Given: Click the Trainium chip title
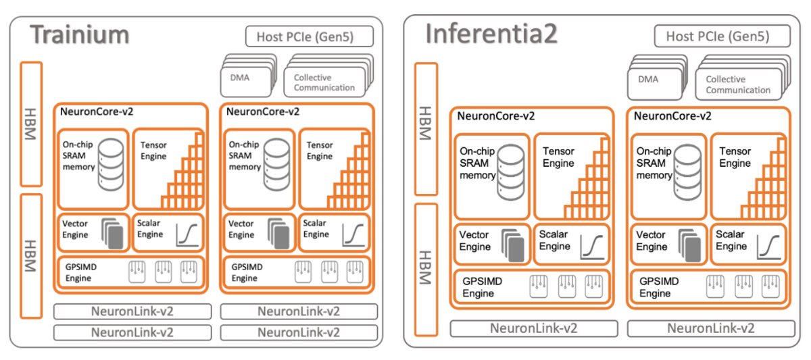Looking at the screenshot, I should (x=79, y=34).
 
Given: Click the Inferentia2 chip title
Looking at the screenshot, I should (x=491, y=34).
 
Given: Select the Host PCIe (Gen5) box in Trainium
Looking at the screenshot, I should (x=310, y=36).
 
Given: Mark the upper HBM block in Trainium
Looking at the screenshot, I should (x=31, y=124).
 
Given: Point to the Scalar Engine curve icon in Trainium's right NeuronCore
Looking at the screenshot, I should (x=353, y=234).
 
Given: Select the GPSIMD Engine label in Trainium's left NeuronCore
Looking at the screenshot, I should (x=79, y=273).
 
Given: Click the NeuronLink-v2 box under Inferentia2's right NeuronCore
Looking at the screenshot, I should (x=711, y=328).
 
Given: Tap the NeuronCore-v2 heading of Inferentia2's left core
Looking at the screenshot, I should (x=496, y=116).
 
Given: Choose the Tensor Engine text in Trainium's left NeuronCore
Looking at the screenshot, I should (x=153, y=151).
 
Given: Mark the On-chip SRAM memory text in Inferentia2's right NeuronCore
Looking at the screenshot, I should (x=654, y=163).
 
